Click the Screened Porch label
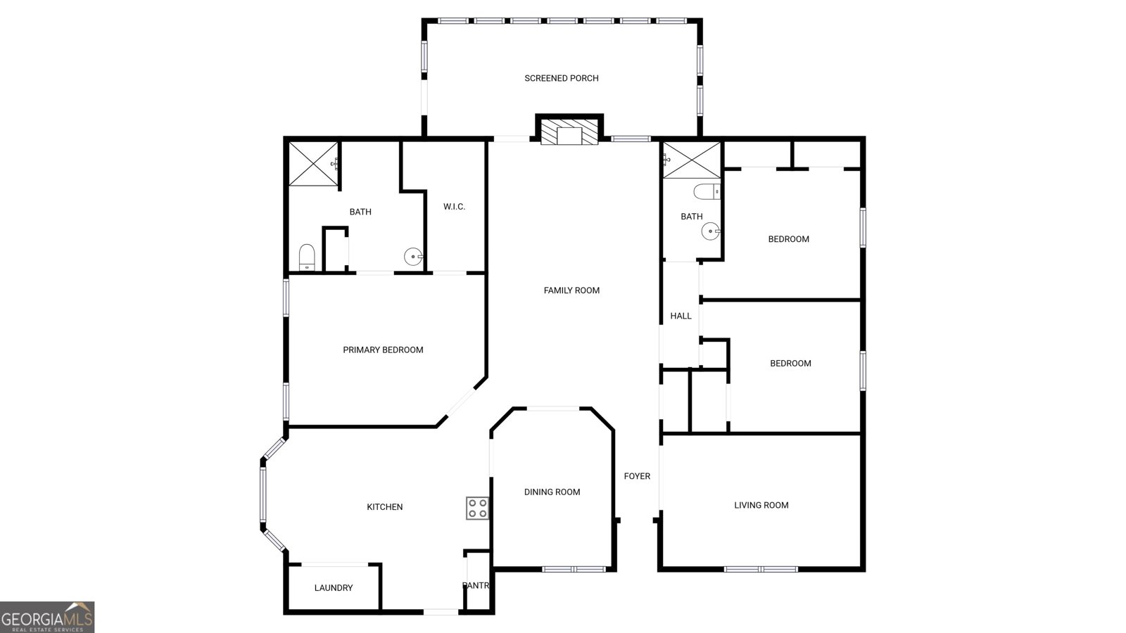561,78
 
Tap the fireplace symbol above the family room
569,134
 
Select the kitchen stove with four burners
478,508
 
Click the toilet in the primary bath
307,257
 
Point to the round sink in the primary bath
412,257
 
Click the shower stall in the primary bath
313,164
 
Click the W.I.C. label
454,207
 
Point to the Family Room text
571,290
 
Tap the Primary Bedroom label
383,350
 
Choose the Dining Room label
552,492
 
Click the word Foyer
637,476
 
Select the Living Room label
761,505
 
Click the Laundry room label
334,588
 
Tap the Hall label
681,316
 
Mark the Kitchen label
385,507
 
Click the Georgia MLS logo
47,618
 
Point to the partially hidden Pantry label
475,586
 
